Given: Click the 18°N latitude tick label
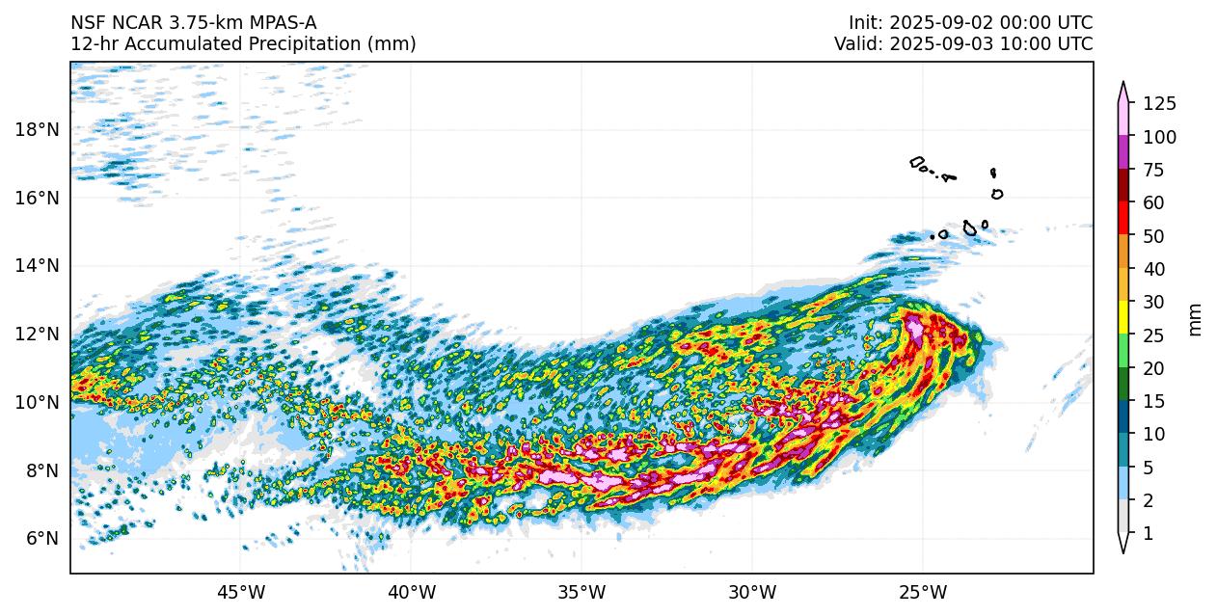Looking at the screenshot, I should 37,129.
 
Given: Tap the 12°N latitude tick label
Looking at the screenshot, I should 37,334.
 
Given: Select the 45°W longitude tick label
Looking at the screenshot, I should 240,591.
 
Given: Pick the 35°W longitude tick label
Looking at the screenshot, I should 581,591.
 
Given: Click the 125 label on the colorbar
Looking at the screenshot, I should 1159,104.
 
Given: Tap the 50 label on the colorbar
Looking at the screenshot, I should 1154,236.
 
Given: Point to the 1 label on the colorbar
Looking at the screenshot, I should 1149,533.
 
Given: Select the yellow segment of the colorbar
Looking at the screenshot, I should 1123,317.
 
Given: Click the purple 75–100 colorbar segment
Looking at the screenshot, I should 1123,152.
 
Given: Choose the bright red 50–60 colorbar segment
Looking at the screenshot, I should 1123,219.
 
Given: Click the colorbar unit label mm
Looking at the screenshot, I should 1196,319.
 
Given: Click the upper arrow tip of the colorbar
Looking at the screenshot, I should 1123,86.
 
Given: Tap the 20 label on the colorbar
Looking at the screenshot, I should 1154,368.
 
